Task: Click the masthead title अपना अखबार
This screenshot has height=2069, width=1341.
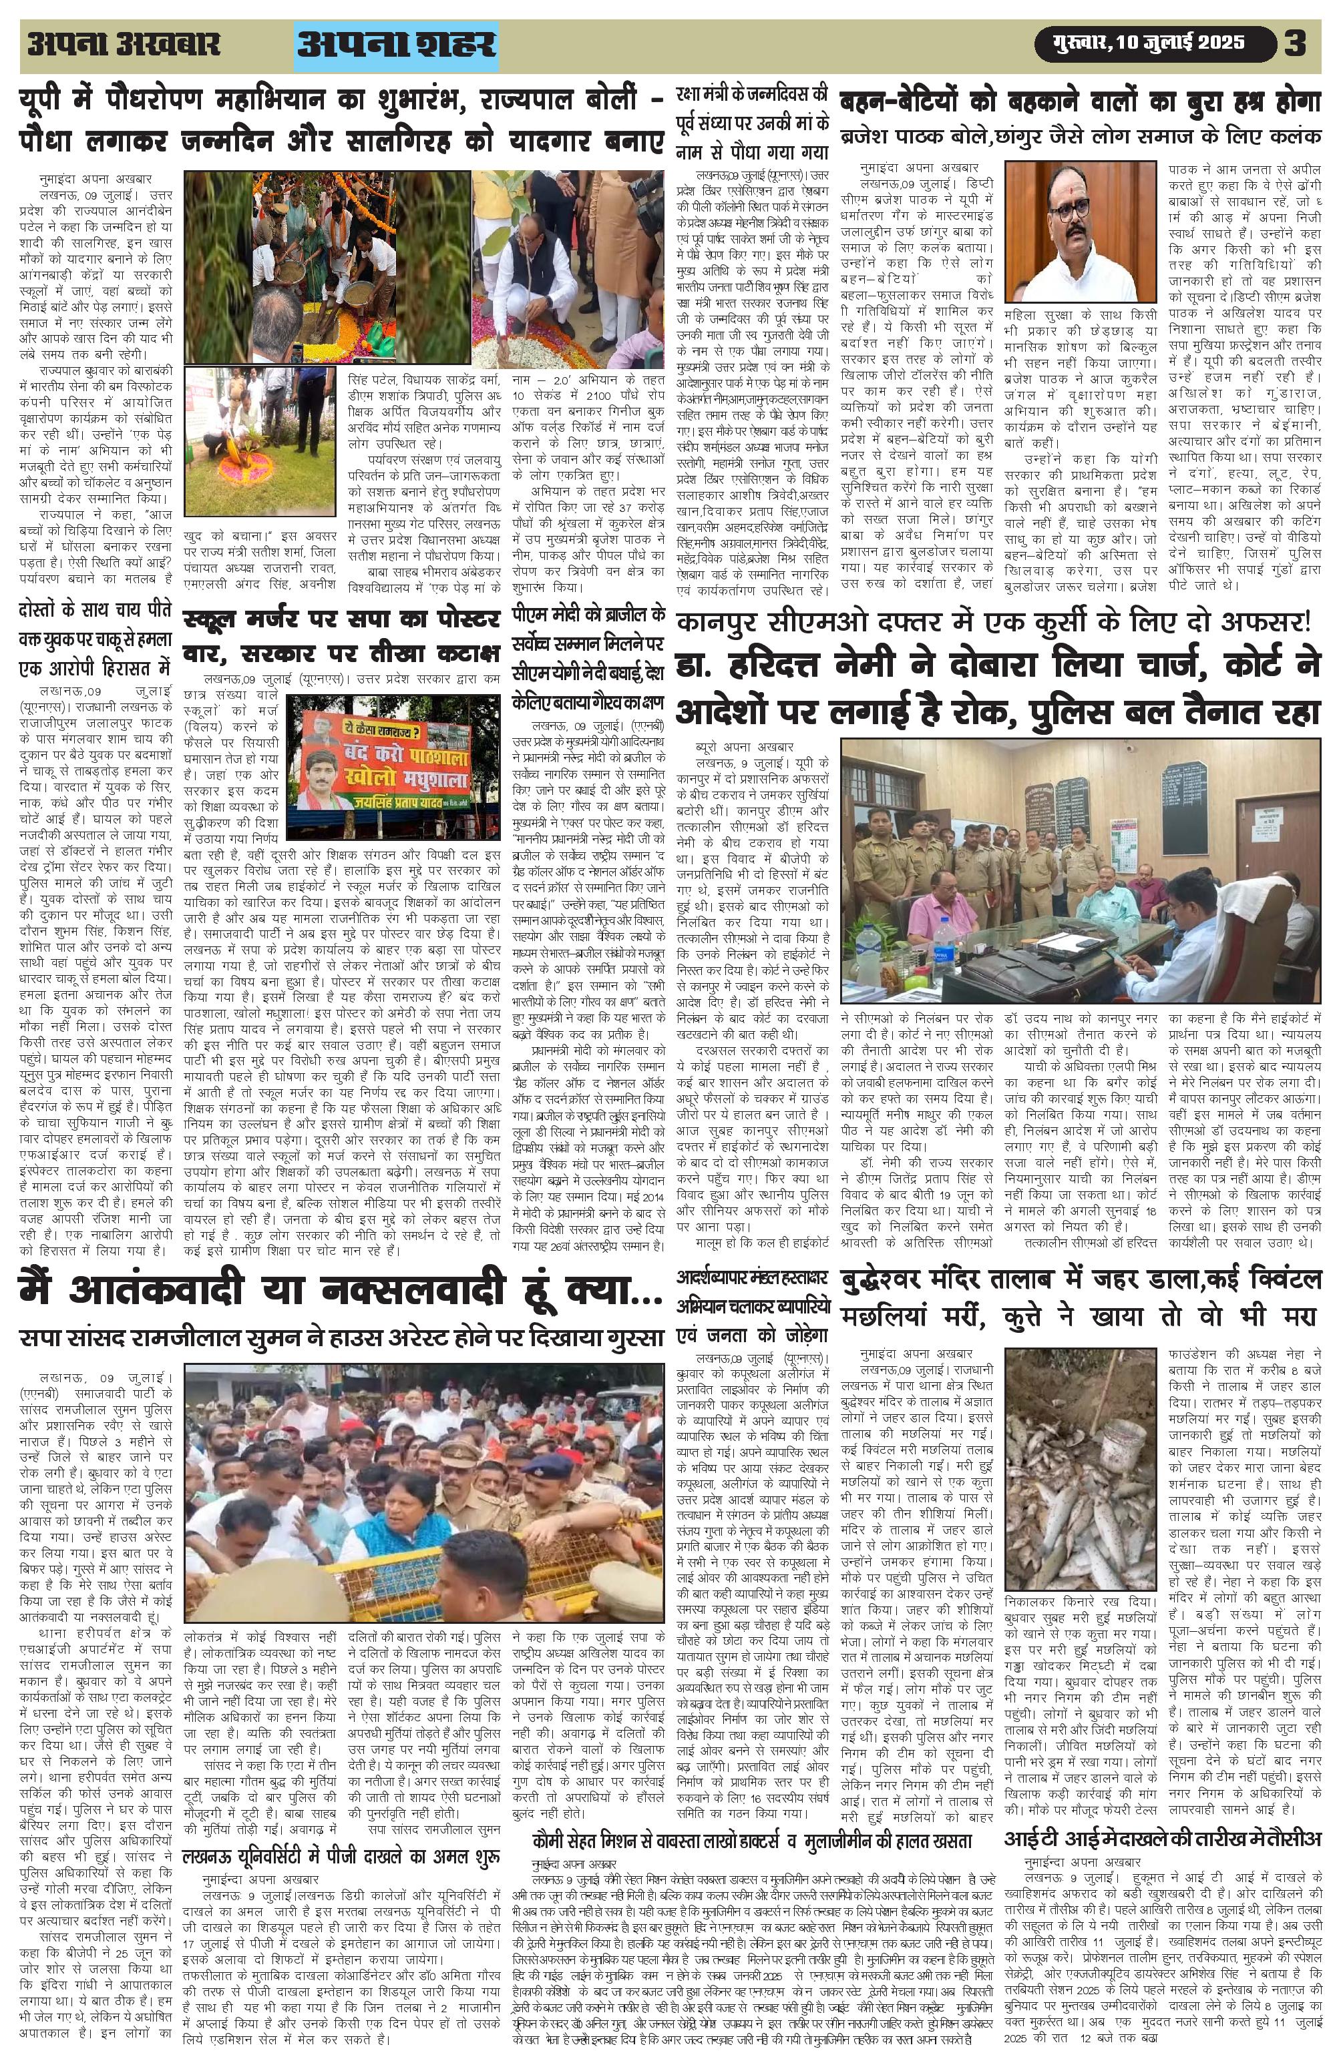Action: coord(124,43)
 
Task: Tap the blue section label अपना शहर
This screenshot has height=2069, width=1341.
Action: coord(396,44)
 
